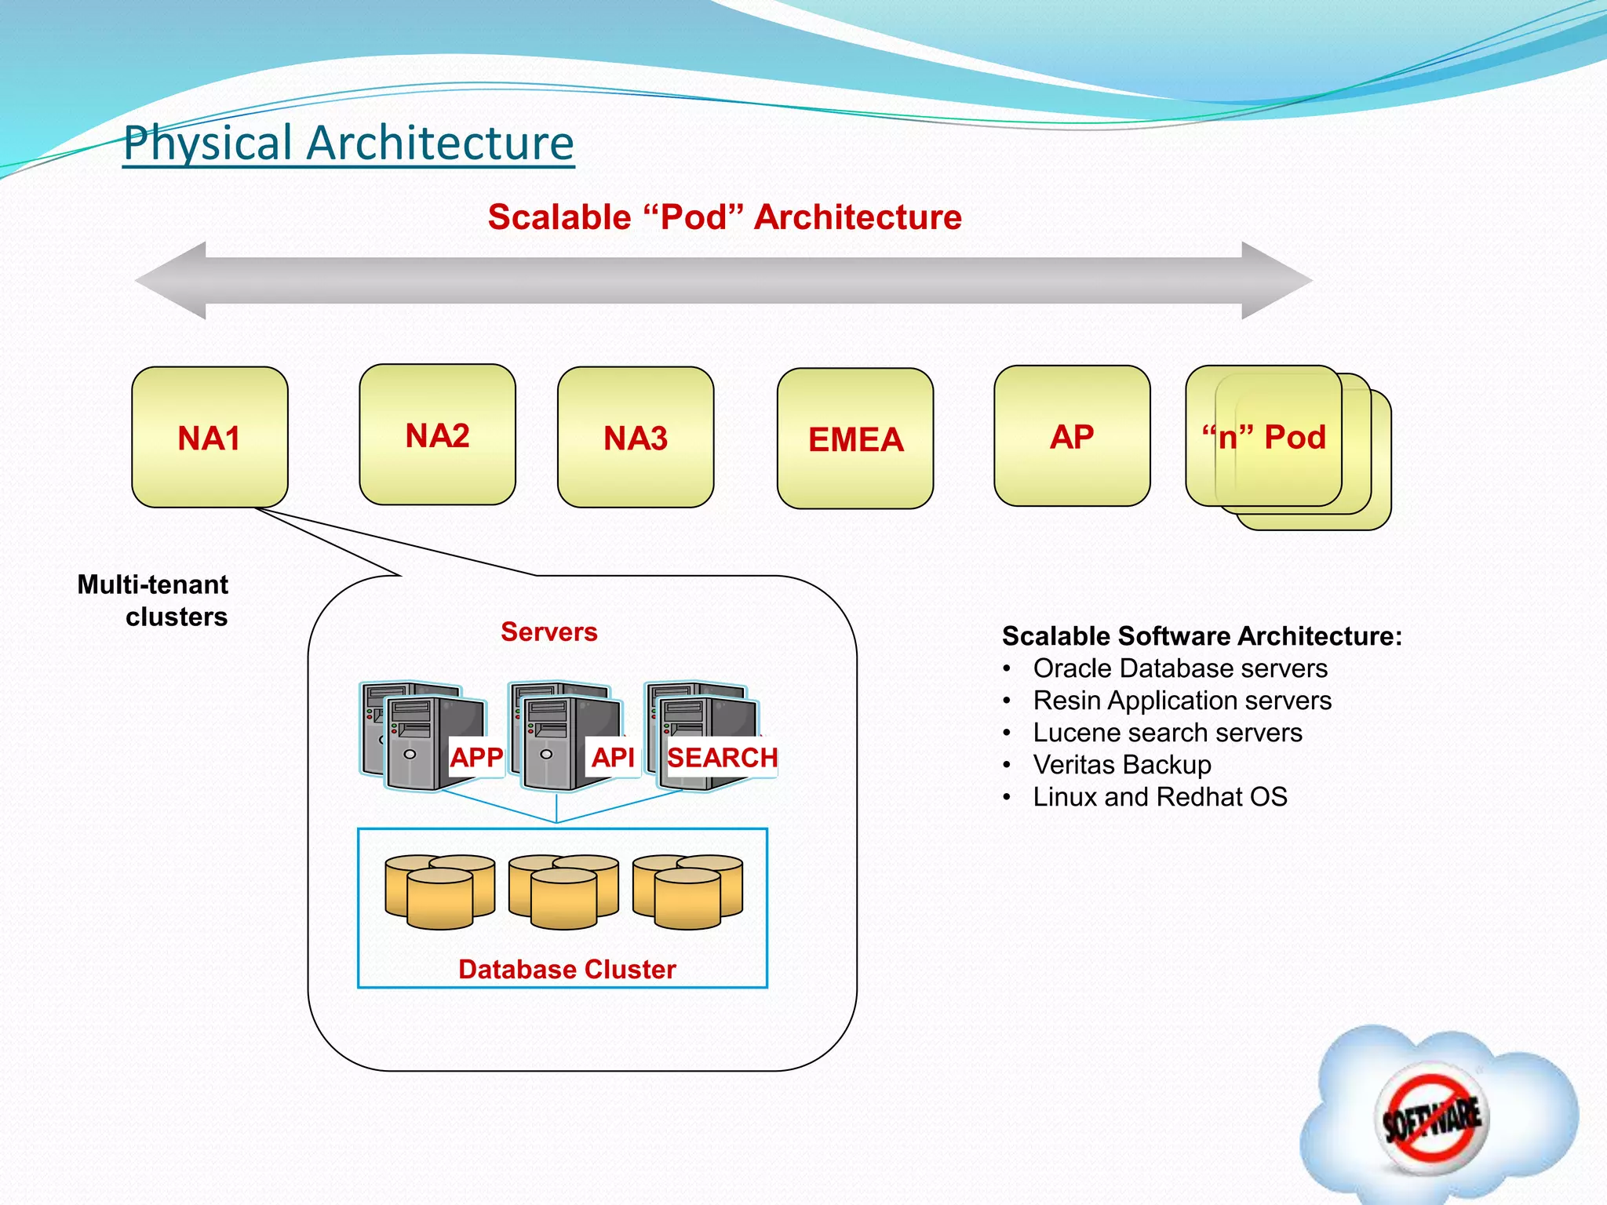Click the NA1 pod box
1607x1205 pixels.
tap(210, 437)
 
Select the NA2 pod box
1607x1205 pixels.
tap(437, 435)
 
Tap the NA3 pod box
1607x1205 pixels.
tap(636, 437)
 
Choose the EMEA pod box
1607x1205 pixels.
tap(855, 439)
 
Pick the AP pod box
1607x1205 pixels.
tap(1072, 436)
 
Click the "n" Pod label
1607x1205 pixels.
tap(1264, 436)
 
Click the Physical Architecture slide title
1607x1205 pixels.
tap(348, 143)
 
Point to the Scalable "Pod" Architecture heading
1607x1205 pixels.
tap(724, 217)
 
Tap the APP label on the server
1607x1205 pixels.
tap(476, 757)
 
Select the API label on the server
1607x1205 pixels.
tap(613, 757)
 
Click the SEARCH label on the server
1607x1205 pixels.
tap(722, 757)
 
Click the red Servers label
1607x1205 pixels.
tap(548, 632)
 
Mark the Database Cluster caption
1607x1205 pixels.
tap(567, 969)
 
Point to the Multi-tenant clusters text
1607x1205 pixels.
tap(154, 600)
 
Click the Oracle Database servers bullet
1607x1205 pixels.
tap(1179, 668)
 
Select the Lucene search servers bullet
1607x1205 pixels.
tap(1167, 733)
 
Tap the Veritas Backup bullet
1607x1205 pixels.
tap(1121, 765)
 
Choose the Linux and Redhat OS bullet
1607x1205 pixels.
tap(1160, 797)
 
